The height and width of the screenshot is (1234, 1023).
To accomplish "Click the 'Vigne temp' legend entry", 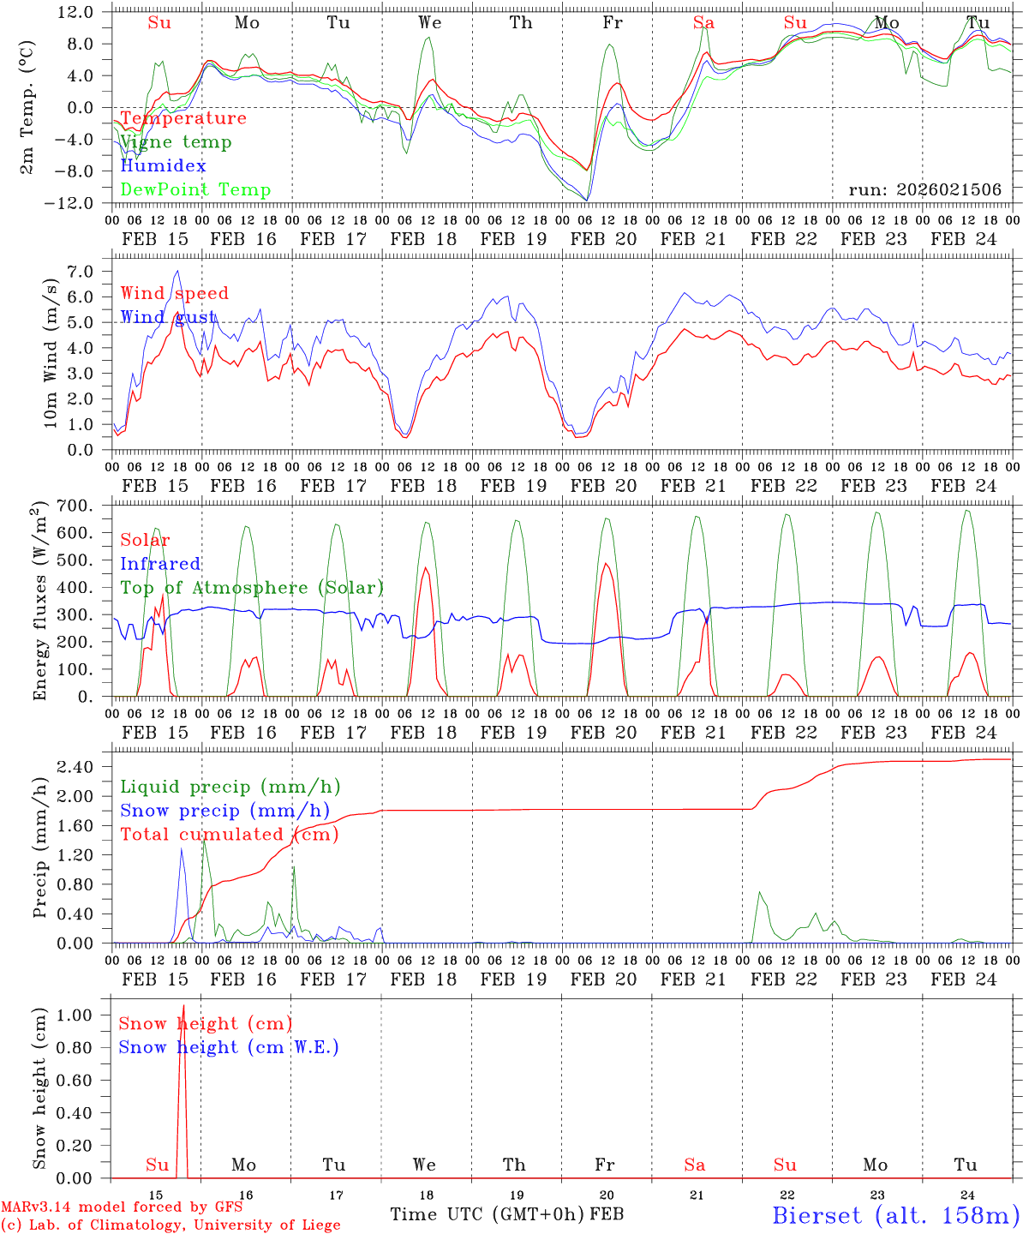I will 176,142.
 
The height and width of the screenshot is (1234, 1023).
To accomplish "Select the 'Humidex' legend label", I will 163,166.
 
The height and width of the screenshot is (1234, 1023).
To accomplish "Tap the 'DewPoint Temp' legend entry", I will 195,190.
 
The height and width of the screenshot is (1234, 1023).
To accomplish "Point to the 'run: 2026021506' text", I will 924,190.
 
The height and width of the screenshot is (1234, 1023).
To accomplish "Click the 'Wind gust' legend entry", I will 168,317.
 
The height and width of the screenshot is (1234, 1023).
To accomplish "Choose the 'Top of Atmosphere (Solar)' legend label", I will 252,588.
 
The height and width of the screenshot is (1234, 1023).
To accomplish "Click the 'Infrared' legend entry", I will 160,564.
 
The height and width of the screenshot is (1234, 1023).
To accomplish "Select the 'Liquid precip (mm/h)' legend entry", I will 230,787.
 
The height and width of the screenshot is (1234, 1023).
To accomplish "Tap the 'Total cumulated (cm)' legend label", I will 229,835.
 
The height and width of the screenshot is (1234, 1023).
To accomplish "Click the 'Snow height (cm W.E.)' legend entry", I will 229,1047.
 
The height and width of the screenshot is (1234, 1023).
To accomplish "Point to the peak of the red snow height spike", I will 182,1005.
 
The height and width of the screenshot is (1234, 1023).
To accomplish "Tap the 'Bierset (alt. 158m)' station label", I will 894,1215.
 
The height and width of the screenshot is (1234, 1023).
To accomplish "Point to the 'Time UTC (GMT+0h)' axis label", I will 487,1214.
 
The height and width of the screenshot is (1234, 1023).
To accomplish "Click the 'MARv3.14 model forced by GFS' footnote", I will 122,1207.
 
